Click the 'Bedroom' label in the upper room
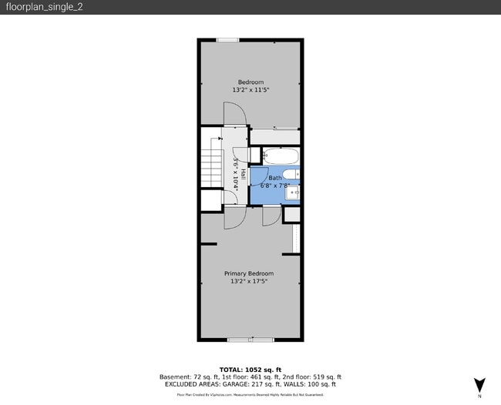pos(250,82)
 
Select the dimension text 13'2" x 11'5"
pos(250,90)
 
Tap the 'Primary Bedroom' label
pos(249,273)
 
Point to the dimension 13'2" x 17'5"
pos(249,281)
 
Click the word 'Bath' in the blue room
pos(275,178)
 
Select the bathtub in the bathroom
pos(279,156)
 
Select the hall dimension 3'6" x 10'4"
pos(235,174)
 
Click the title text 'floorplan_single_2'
pos(35,7)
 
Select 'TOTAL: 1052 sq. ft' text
pos(250,369)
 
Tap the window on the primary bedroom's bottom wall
pos(250,339)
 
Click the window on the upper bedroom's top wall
pos(227,40)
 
